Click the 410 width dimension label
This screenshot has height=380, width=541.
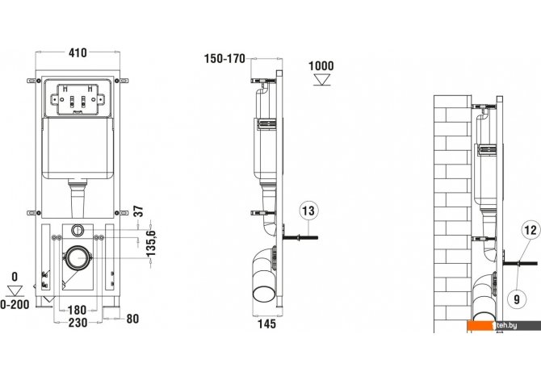point(78,52)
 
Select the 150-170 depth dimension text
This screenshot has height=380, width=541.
point(224,59)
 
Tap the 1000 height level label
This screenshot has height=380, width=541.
point(321,66)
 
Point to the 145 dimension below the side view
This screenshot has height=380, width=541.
point(267,324)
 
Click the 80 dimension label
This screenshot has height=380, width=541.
point(132,319)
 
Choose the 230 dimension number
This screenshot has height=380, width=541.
point(78,323)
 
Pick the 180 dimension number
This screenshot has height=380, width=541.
point(78,310)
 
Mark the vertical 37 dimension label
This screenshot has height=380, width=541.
point(138,211)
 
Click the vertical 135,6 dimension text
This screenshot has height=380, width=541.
point(151,244)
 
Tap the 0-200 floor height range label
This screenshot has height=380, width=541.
point(15,304)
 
